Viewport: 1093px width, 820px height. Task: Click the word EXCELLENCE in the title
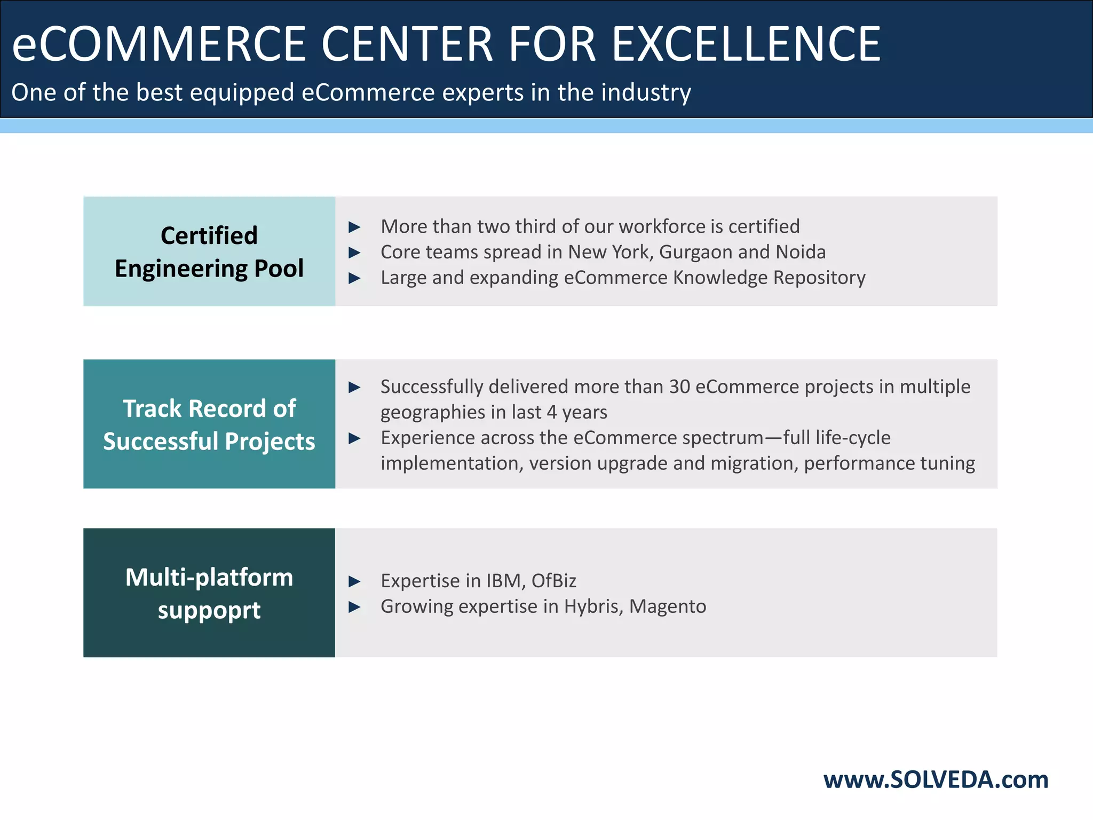(x=746, y=44)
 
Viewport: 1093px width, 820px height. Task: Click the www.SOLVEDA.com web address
(x=936, y=780)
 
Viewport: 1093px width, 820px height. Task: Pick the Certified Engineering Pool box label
(x=209, y=251)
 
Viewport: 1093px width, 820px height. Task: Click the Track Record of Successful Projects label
(x=209, y=424)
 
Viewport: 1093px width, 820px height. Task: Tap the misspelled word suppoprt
(x=209, y=610)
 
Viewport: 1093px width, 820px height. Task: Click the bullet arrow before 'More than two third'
(x=354, y=227)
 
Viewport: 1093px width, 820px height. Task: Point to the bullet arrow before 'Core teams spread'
(x=354, y=253)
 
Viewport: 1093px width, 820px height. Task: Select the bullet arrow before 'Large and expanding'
(x=354, y=278)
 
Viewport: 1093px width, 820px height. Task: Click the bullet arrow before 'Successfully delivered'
(x=354, y=387)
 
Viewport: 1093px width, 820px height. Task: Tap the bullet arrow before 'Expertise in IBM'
(x=354, y=581)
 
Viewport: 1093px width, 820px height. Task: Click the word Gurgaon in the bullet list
(x=695, y=253)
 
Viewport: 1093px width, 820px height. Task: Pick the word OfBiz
(x=553, y=581)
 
